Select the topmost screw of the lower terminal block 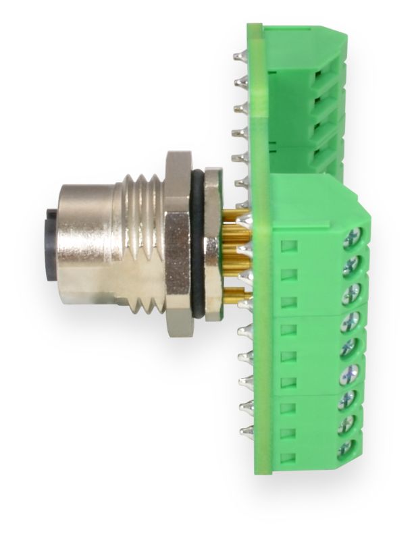coord(353,238)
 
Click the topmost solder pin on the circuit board coord(238,57)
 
